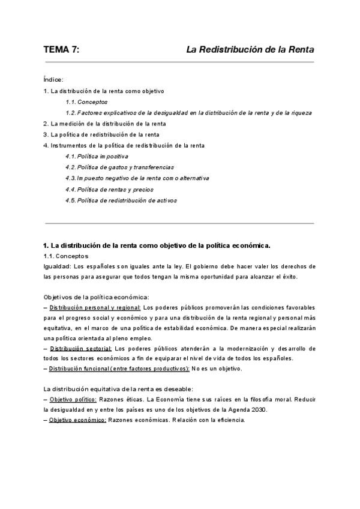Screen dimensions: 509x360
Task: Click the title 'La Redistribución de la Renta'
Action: (250, 51)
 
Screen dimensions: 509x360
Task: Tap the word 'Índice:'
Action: (53, 80)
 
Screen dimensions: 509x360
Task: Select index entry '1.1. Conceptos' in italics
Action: (83, 102)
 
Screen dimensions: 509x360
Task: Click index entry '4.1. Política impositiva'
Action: (97, 156)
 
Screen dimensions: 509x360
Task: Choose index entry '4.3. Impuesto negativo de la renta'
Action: (137, 178)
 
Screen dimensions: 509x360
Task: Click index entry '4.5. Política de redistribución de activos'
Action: (121, 200)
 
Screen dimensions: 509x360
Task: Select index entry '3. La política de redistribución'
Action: (101, 134)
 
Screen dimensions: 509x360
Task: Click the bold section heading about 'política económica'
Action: (157, 245)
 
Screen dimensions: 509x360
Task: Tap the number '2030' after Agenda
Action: (259, 409)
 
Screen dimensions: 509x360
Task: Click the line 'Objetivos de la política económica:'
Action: (96, 297)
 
